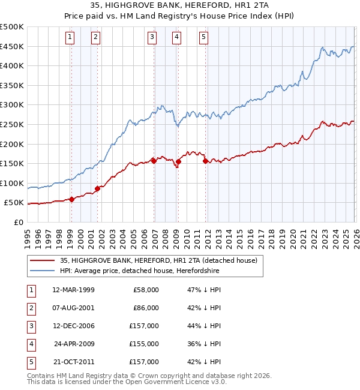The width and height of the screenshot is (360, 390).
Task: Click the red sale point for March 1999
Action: pyautogui.click(x=71, y=199)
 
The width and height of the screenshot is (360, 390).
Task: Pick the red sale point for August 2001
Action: pyautogui.click(x=97, y=188)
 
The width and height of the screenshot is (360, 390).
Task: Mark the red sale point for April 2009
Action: pyautogui.click(x=178, y=161)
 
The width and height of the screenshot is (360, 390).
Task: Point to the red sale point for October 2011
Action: pyautogui.click(x=205, y=161)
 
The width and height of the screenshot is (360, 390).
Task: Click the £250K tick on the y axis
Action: pyautogui.click(x=12, y=124)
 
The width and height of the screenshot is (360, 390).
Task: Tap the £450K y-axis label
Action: pyautogui.click(x=12, y=46)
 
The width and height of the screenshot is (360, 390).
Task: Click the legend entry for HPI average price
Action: pyautogui.click(x=140, y=271)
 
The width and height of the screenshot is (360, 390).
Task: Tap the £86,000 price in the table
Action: pyautogui.click(x=146, y=308)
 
